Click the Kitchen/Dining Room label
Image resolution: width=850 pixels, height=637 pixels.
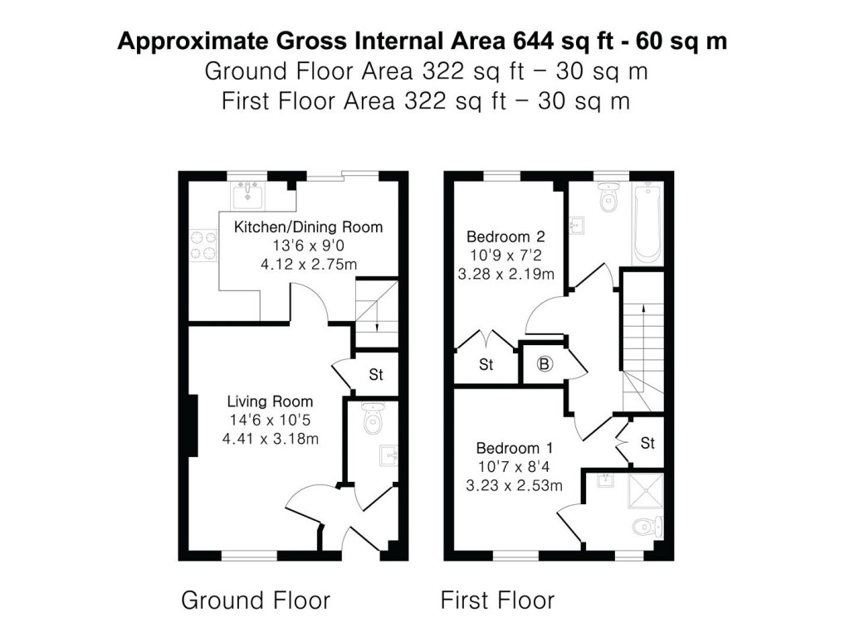308,227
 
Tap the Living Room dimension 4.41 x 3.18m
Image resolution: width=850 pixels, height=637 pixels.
270,439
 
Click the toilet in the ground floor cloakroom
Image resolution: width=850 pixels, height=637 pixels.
371,421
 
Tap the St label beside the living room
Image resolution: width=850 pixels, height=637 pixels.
376,375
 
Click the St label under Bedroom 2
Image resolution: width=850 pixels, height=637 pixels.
486,364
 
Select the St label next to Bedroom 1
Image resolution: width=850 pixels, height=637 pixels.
647,444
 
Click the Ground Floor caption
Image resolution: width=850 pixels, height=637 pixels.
256,600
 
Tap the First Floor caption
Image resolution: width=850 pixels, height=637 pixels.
497,600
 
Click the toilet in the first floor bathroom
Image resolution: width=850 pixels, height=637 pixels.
608,200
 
